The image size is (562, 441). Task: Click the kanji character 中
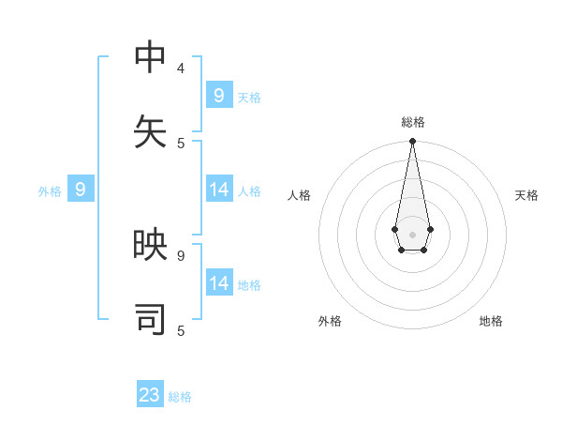point(151,57)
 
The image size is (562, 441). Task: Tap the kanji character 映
point(151,245)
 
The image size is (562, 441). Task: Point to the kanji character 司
point(151,319)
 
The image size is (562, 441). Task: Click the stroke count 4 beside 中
point(181,68)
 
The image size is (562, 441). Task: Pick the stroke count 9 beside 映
point(181,254)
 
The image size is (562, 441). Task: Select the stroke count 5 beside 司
point(181,330)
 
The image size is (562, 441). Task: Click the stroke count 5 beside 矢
point(181,143)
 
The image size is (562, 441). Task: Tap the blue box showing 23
point(150,395)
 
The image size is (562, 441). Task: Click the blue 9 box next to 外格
point(81,190)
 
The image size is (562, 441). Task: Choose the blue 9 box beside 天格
point(218,95)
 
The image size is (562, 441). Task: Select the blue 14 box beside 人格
point(219,190)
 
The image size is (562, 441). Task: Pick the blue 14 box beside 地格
point(219,282)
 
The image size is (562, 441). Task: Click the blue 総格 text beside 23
point(180,397)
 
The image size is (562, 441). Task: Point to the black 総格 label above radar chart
point(412,122)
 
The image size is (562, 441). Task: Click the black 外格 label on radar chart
point(330,321)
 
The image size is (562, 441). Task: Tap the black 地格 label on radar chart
point(491,321)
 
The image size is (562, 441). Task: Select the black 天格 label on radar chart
point(526,195)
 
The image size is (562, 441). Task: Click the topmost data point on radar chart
point(412,142)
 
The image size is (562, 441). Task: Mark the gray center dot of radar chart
point(412,234)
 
